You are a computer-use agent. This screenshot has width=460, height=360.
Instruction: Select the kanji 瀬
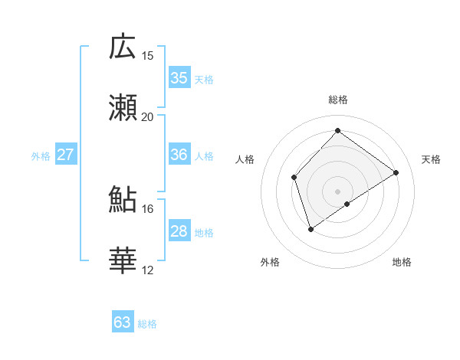(123, 108)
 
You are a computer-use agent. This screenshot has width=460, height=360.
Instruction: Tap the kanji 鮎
(123, 200)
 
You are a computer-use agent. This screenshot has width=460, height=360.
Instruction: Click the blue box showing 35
(179, 78)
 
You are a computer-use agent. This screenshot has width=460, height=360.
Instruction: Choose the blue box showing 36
(179, 155)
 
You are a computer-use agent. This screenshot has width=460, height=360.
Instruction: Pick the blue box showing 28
(179, 231)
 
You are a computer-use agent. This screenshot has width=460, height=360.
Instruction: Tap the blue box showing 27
(66, 155)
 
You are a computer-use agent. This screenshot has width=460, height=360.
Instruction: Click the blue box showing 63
(123, 322)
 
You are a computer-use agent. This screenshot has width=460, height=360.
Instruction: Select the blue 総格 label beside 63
(147, 324)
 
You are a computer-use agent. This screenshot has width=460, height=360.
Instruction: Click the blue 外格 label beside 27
(41, 156)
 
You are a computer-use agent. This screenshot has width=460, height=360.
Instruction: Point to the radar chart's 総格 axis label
(337, 100)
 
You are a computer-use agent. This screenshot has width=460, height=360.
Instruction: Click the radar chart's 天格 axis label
(431, 159)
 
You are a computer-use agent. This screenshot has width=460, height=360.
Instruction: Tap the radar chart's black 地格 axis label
(402, 262)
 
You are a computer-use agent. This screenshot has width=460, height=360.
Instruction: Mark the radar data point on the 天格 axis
(396, 172)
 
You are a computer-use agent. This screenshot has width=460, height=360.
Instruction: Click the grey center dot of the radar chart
(337, 191)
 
